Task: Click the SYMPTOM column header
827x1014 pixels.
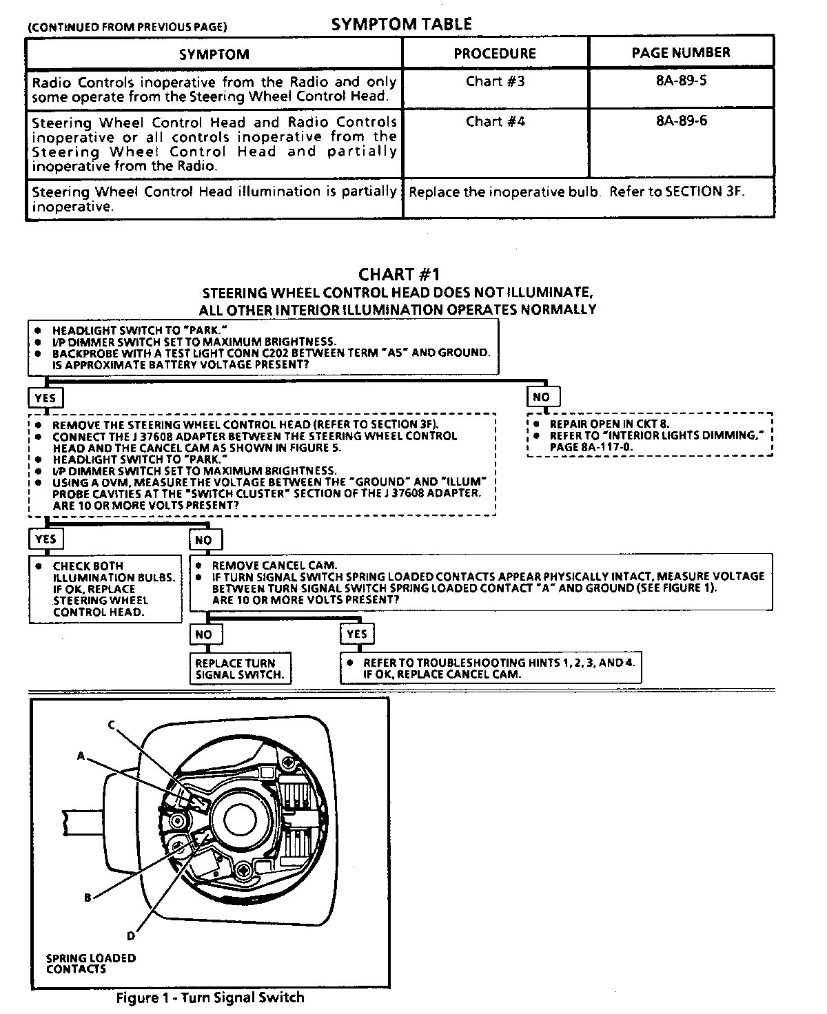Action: coord(214,54)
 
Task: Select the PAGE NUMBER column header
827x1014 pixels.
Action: coord(681,52)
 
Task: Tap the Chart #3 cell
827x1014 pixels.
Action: coord(495,81)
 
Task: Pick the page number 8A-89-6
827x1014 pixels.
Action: coord(681,121)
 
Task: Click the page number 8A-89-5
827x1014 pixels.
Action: coord(681,81)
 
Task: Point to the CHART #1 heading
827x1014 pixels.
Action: coord(399,276)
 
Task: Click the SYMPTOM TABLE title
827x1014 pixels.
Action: coord(401,25)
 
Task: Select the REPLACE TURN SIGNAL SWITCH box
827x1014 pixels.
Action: coord(239,669)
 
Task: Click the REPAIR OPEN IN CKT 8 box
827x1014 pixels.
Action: coord(649,435)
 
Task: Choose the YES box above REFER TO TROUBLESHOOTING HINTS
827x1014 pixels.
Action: coord(357,634)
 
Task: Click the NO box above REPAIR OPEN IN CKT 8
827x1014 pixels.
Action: coord(542,397)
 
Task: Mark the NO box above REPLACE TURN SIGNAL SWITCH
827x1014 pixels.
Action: coord(204,634)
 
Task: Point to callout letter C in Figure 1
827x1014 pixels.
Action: coord(111,724)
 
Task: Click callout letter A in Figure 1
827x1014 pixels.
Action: coord(81,756)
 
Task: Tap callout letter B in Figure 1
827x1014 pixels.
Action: coord(88,898)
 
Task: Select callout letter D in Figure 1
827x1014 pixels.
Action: coord(130,935)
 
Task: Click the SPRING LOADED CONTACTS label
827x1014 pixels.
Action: coord(90,963)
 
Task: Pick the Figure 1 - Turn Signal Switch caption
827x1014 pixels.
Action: coord(210,997)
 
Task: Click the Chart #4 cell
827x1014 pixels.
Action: coord(495,121)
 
